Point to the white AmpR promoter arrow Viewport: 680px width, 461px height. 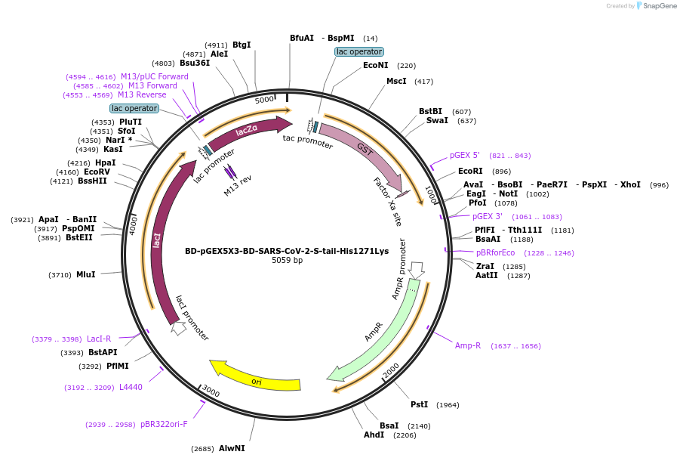click(416, 270)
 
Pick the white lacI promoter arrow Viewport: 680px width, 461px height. click(179, 328)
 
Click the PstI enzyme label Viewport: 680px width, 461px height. click(419, 404)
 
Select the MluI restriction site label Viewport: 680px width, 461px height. click(85, 274)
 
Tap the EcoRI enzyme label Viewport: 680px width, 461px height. click(470, 171)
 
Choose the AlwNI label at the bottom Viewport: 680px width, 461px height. click(232, 448)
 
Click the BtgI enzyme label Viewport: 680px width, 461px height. click(242, 45)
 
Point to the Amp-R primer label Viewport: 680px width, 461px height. click(468, 345)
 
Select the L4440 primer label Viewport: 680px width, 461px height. click(131, 387)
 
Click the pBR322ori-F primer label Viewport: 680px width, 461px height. click(164, 425)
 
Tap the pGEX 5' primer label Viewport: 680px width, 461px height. click(465, 155)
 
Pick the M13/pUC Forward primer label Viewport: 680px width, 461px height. click(154, 76)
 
